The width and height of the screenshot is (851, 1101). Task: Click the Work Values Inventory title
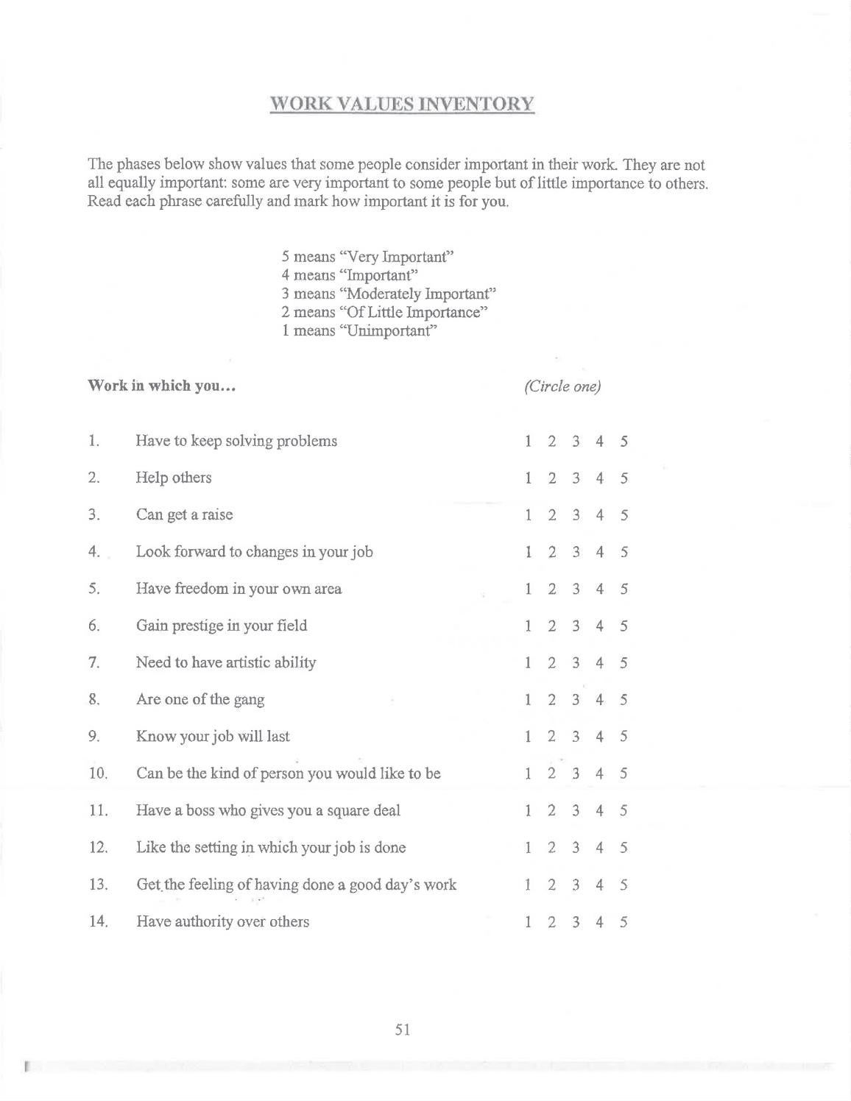(x=402, y=104)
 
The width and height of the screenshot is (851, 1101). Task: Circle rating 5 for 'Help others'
(x=624, y=478)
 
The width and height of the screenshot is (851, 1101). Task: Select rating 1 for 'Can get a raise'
(x=528, y=515)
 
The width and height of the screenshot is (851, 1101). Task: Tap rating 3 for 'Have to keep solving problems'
(x=576, y=442)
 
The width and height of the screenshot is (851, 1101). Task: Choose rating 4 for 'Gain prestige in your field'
(x=600, y=626)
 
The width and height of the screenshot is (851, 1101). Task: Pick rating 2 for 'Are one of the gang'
(x=551, y=700)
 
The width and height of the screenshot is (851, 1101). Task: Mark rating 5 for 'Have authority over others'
(x=624, y=922)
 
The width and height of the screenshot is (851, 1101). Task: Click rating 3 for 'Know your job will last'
(x=576, y=737)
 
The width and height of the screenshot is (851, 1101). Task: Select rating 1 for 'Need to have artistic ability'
(x=528, y=663)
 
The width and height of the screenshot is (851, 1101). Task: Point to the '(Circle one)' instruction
(x=563, y=386)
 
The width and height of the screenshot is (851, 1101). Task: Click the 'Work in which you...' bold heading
(x=161, y=386)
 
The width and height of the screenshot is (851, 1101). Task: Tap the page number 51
(x=402, y=1030)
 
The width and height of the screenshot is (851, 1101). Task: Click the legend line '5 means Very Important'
(x=367, y=257)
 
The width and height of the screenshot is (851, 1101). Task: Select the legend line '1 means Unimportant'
(x=359, y=330)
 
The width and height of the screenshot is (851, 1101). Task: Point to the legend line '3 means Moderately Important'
(x=389, y=294)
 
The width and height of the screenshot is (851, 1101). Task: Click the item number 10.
(x=98, y=773)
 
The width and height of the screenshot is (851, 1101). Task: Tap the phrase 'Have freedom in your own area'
(x=239, y=589)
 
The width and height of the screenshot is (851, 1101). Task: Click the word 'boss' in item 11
(x=200, y=811)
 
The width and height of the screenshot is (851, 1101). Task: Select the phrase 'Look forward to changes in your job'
(x=254, y=552)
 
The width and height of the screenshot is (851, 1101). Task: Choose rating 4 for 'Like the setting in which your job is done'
(x=600, y=848)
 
